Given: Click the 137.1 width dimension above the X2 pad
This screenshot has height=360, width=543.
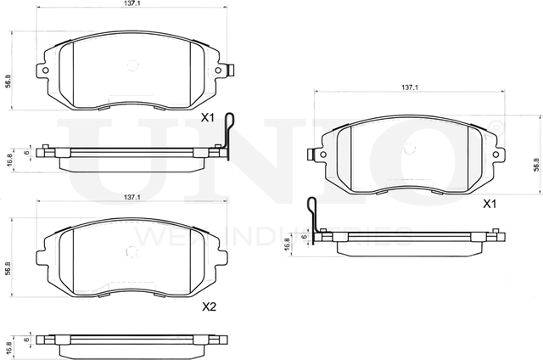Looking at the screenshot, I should pos(131,197).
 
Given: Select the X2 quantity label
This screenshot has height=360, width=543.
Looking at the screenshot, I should pos(208,307).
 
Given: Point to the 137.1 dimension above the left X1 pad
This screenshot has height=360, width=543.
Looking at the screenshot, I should pos(131,4).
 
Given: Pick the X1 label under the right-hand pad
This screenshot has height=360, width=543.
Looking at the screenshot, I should pos(489,204).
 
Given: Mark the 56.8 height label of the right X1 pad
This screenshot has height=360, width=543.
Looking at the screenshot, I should pos(535,165).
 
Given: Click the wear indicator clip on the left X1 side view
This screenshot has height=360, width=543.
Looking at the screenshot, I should pos(225,136).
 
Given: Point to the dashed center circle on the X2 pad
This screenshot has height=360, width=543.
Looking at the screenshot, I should pos(132,251).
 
